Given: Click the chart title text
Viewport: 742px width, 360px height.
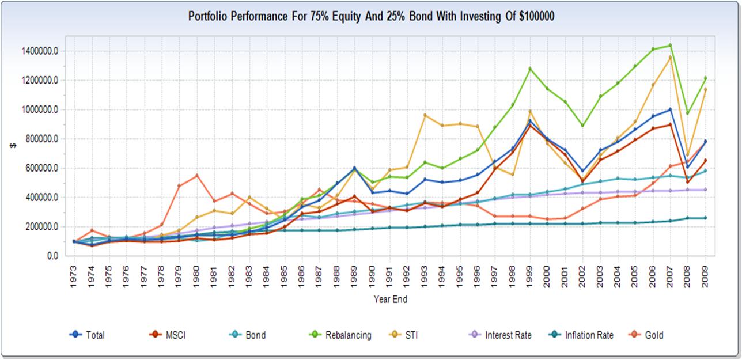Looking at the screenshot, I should [x=372, y=16].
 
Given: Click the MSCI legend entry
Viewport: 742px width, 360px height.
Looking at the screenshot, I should [x=176, y=334].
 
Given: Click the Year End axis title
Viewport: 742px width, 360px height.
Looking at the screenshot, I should [x=391, y=299].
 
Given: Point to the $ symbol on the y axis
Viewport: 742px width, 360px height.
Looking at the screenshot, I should [x=13, y=146].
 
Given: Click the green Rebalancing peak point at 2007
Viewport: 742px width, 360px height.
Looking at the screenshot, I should [x=670, y=46].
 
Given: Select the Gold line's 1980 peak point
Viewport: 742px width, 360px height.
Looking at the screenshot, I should [x=196, y=175].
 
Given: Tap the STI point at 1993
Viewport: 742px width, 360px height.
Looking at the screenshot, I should [x=425, y=115].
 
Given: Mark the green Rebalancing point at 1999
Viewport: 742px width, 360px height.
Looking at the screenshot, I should [x=529, y=69].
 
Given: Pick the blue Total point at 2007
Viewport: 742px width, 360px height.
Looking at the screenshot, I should [x=670, y=109].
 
